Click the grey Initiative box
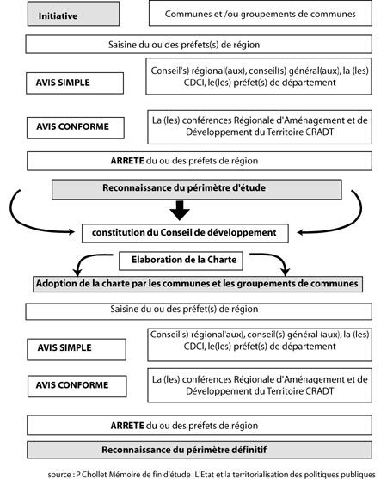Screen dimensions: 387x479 (x=73, y=14)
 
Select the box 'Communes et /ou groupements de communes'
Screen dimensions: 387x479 (x=261, y=13)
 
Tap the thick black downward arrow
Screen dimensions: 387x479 (x=180, y=211)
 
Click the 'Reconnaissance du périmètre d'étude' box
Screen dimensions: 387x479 (x=197, y=189)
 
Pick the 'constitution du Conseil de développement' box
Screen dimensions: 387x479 (x=185, y=233)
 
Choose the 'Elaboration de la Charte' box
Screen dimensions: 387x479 (x=181, y=261)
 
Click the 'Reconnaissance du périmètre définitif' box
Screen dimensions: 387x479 (x=200, y=450)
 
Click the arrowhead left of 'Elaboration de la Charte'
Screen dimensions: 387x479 (x=77, y=271)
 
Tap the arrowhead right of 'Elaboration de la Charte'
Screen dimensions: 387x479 (x=286, y=271)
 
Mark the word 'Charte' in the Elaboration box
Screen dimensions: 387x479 (x=222, y=260)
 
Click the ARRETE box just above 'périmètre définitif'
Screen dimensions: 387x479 (x=200, y=425)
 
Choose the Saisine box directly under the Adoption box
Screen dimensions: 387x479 (x=199, y=311)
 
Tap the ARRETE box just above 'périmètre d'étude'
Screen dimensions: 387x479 (x=200, y=161)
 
